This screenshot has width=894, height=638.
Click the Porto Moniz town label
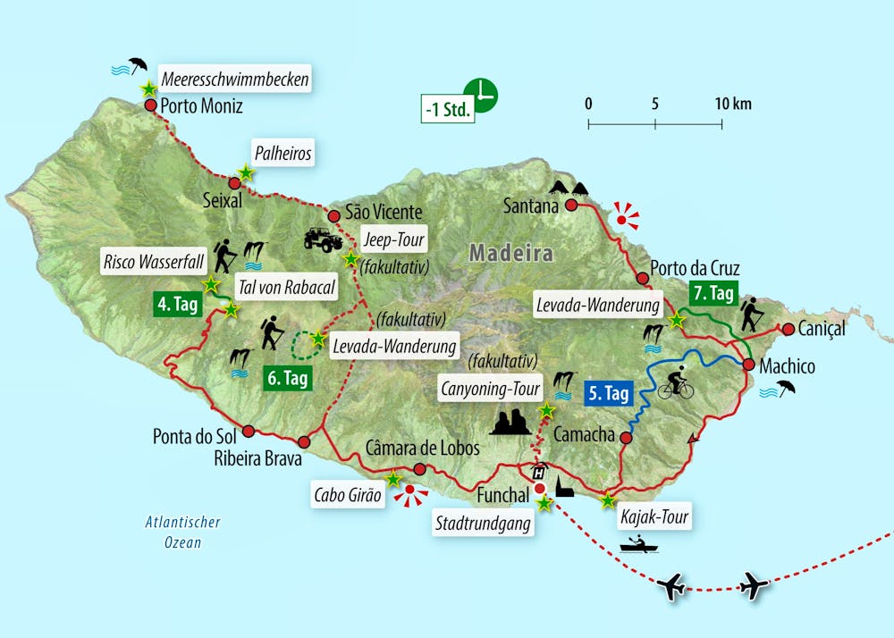point(201,106)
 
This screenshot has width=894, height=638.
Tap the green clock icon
point(481,94)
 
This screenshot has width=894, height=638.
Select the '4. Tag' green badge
point(177,304)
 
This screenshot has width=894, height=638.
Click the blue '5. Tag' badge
point(609,392)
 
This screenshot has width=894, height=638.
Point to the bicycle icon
point(675,387)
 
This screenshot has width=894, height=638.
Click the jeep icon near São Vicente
point(322,239)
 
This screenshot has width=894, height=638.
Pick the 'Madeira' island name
point(511,253)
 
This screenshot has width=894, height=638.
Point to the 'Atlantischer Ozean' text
point(183,533)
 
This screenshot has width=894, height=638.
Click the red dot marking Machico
point(747,363)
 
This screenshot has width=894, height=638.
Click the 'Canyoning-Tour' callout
point(490,389)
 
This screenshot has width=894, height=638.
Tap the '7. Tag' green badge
point(713,291)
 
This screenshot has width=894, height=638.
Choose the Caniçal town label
point(822,329)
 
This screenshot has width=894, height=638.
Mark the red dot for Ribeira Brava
point(304,441)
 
